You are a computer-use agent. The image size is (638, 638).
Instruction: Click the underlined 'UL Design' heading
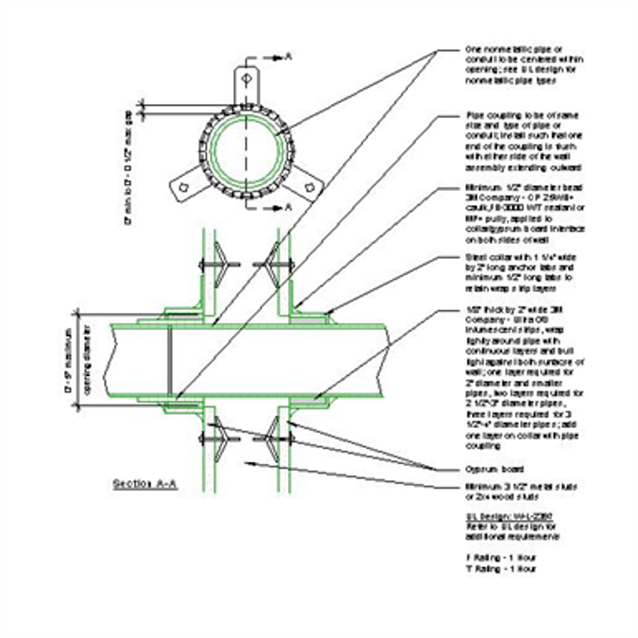pyautogui.click(x=500, y=516)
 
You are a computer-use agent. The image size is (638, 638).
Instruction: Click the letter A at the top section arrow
pyautogui.click(x=288, y=58)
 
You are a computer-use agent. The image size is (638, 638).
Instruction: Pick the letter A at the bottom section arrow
pyautogui.click(x=288, y=205)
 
